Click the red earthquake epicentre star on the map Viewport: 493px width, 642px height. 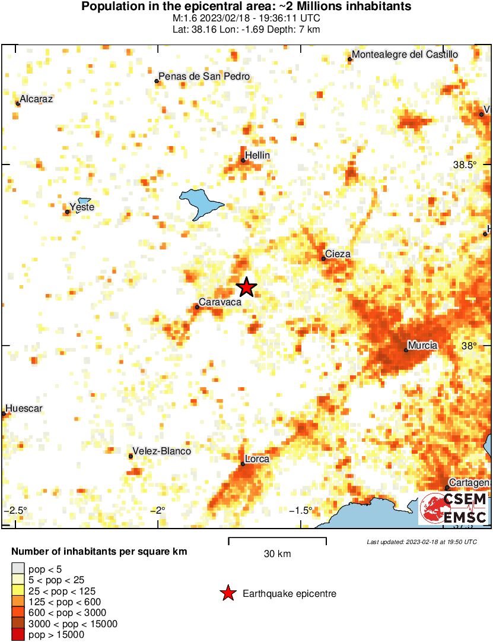(x=246, y=287)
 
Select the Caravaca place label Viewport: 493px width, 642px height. (x=220, y=302)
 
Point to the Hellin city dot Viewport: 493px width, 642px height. (x=243, y=160)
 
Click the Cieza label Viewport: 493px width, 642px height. (x=338, y=254)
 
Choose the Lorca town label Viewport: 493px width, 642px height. (x=257, y=459)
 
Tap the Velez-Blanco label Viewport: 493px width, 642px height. (x=162, y=451)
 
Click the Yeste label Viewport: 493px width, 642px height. (x=82, y=207)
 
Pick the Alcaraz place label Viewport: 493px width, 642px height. (x=36, y=99)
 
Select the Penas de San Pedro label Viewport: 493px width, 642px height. (x=205, y=77)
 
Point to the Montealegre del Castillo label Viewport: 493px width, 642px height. (x=405, y=55)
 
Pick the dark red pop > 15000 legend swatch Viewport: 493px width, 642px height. (x=18, y=635)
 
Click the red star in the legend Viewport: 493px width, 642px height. (x=227, y=593)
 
